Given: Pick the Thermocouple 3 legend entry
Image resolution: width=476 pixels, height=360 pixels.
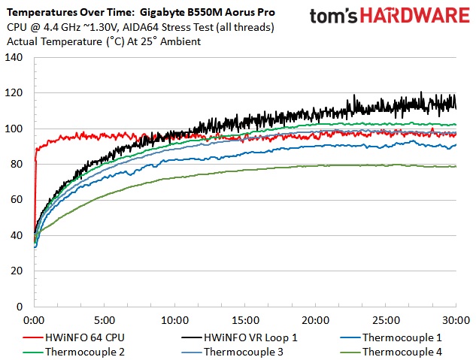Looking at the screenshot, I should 240,350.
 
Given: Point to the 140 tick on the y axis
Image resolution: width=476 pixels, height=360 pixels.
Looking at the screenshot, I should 14,58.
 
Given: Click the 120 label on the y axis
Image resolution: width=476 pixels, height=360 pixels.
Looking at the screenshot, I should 14,93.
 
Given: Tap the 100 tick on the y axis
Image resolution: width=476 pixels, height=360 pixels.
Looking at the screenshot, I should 14,129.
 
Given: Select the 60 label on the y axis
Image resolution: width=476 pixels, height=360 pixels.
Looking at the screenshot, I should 17,200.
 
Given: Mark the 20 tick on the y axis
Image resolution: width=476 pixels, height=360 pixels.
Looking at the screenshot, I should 17,271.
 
